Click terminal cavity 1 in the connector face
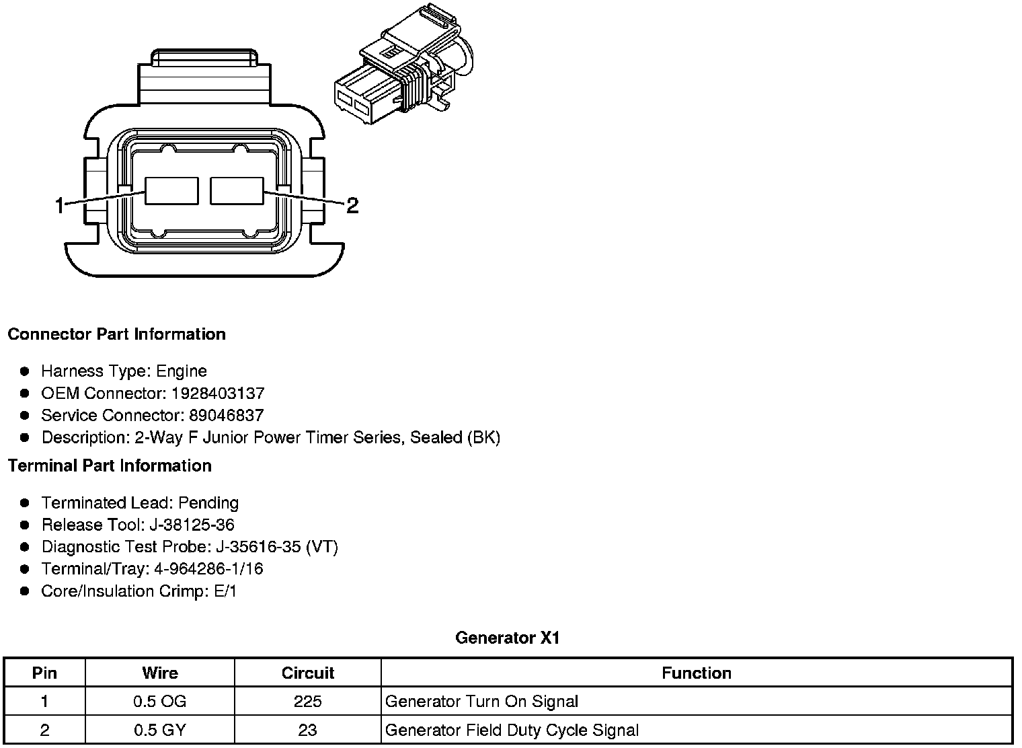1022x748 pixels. pyautogui.click(x=171, y=191)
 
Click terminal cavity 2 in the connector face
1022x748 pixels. pyautogui.click(x=237, y=191)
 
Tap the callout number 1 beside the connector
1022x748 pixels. pyautogui.click(x=59, y=205)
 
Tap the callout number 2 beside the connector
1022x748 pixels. pyautogui.click(x=352, y=205)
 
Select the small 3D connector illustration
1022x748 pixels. pyautogui.click(x=404, y=64)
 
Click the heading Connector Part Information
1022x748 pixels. pyautogui.click(x=117, y=334)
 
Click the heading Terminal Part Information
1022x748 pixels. pyautogui.click(x=110, y=465)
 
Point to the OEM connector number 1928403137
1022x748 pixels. pyautogui.click(x=218, y=393)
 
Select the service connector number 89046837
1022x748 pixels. pyautogui.click(x=227, y=415)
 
